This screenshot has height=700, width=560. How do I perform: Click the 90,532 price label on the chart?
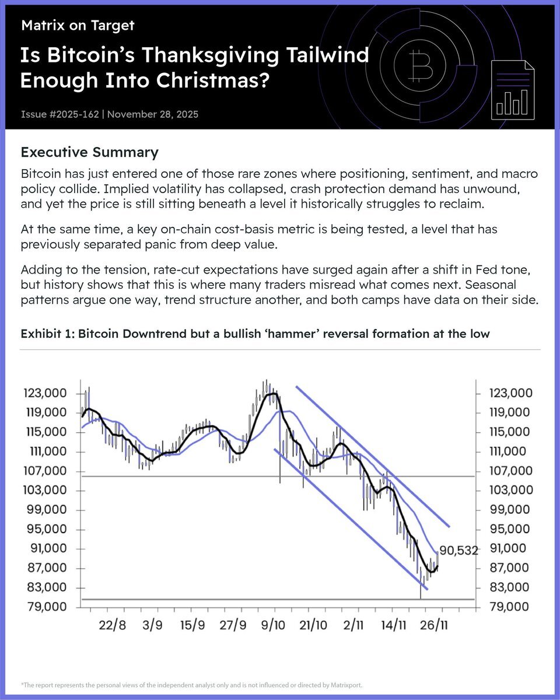tap(459, 550)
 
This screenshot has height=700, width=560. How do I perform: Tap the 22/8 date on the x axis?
tap(112, 625)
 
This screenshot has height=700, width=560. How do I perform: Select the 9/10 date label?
tap(273, 625)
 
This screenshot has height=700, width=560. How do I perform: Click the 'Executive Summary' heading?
tap(89, 153)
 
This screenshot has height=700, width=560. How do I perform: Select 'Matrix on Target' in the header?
tap(78, 26)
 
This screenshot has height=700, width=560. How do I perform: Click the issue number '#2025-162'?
tap(72, 114)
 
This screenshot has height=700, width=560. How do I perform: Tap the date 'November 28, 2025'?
tap(153, 114)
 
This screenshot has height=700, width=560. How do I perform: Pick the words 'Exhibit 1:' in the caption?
tap(47, 334)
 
